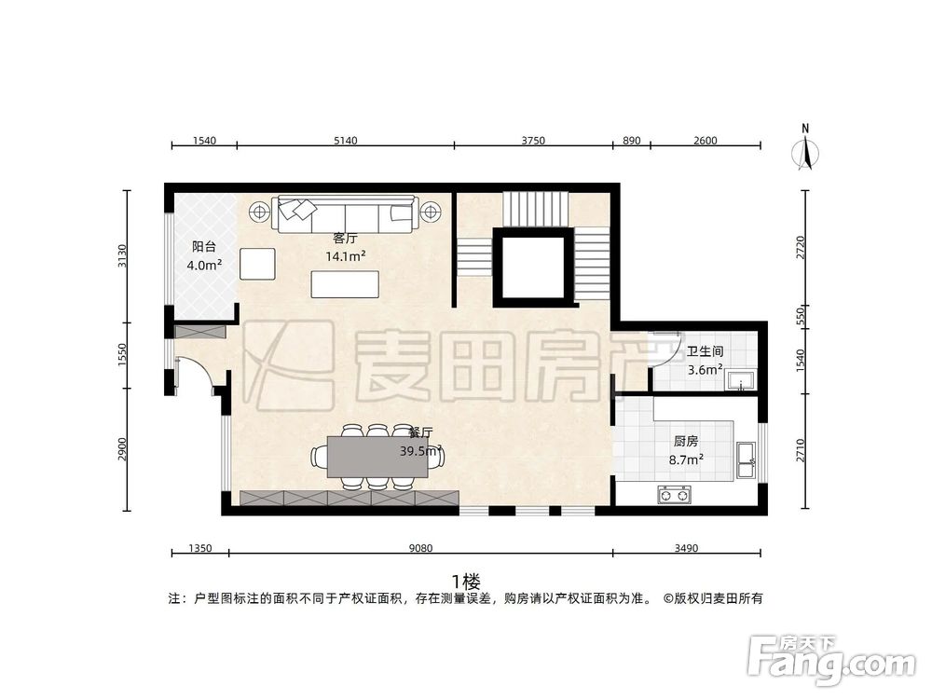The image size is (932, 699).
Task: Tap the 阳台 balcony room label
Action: point(204,247)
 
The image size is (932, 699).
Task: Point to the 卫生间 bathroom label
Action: point(705,352)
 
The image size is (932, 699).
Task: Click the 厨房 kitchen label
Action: point(686,442)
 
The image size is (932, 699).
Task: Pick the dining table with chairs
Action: point(372,458)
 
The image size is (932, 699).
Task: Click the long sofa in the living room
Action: point(343,213)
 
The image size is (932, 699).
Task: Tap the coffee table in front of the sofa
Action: point(345,283)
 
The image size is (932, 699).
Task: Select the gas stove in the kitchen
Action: point(674,494)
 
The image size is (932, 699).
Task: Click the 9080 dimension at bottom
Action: point(421,549)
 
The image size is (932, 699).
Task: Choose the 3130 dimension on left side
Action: point(121,255)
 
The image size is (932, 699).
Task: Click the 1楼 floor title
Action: point(465,580)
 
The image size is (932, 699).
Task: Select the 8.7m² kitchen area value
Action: point(686,459)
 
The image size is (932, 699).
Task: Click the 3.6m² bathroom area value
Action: point(705,369)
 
